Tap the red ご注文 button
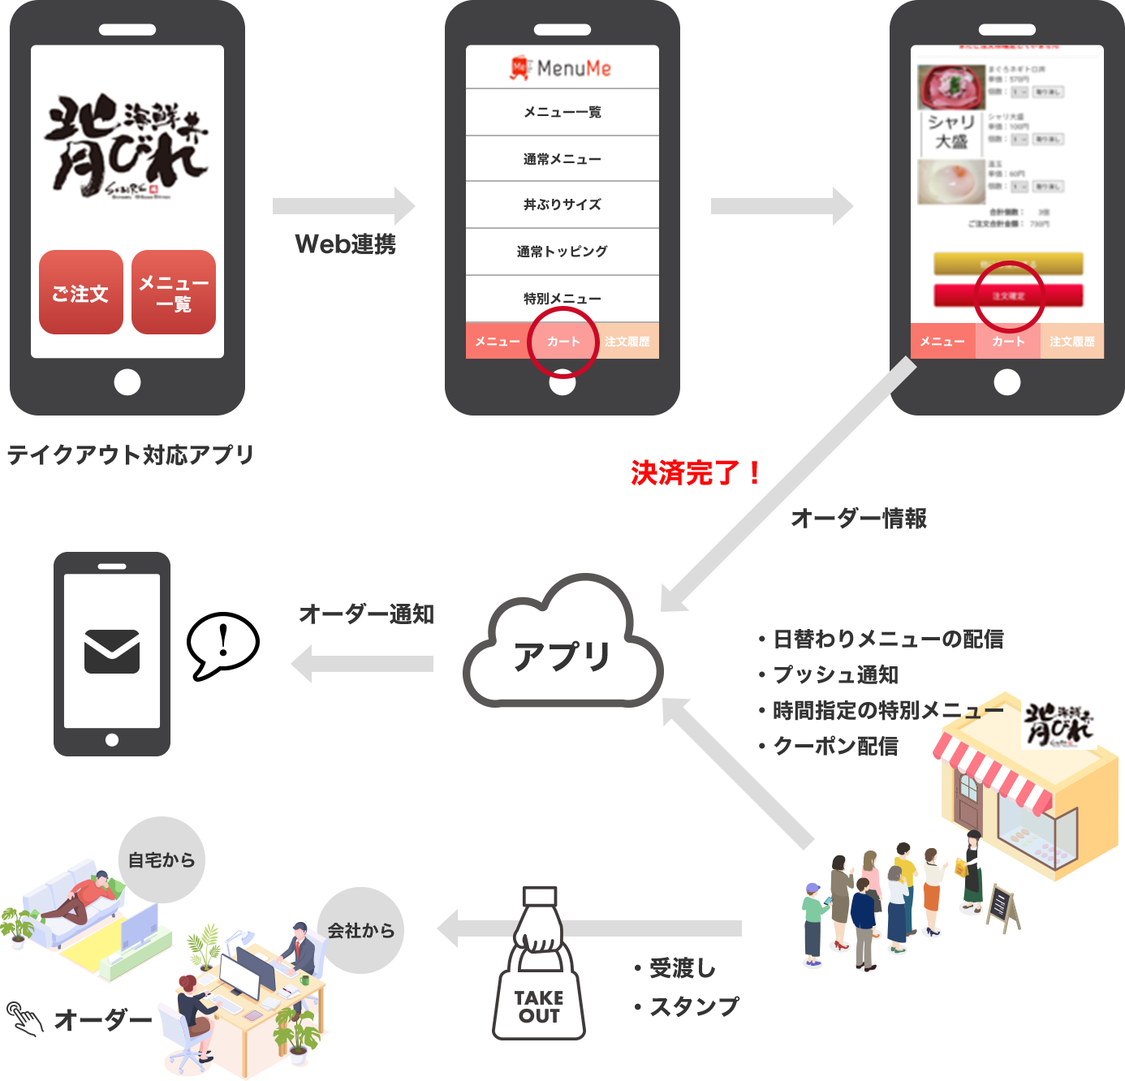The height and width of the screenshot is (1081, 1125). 81,293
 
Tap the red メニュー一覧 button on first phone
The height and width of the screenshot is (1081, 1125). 174,293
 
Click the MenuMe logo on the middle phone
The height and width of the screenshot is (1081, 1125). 561,67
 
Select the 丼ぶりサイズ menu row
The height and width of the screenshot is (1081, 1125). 562,205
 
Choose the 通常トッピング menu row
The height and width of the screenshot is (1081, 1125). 562,252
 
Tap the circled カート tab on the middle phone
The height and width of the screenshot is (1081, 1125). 562,342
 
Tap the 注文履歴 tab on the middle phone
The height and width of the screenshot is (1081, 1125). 627,342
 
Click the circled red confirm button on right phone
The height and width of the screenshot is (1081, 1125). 1008,295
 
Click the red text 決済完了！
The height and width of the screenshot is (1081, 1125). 696,472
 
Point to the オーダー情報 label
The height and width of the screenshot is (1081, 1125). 859,518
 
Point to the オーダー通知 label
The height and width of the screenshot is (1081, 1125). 366,614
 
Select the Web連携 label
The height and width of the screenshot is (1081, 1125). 345,243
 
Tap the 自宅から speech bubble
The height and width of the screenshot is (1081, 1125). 162,859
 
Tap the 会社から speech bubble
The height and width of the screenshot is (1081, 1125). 360,930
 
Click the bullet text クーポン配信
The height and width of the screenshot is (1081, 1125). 835,746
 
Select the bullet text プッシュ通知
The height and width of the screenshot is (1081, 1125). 835,674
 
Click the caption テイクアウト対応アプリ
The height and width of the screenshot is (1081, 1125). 131,454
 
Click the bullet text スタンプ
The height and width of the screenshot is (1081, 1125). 695,1006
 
